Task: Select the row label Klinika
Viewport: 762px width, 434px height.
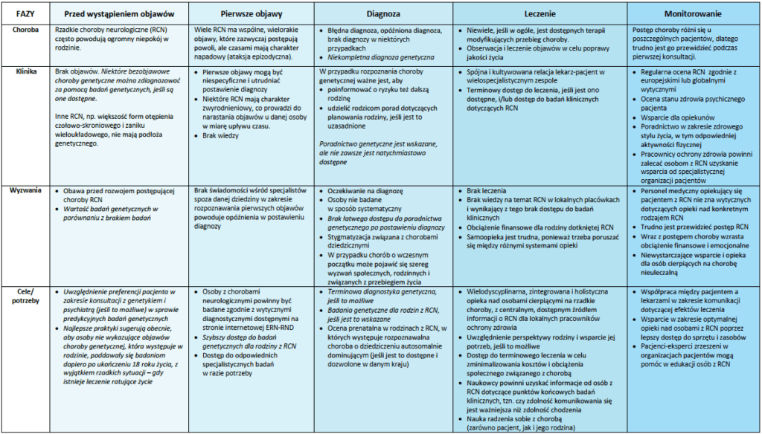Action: click(x=25, y=71)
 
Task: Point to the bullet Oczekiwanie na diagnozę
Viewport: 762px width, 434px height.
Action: click(x=364, y=191)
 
